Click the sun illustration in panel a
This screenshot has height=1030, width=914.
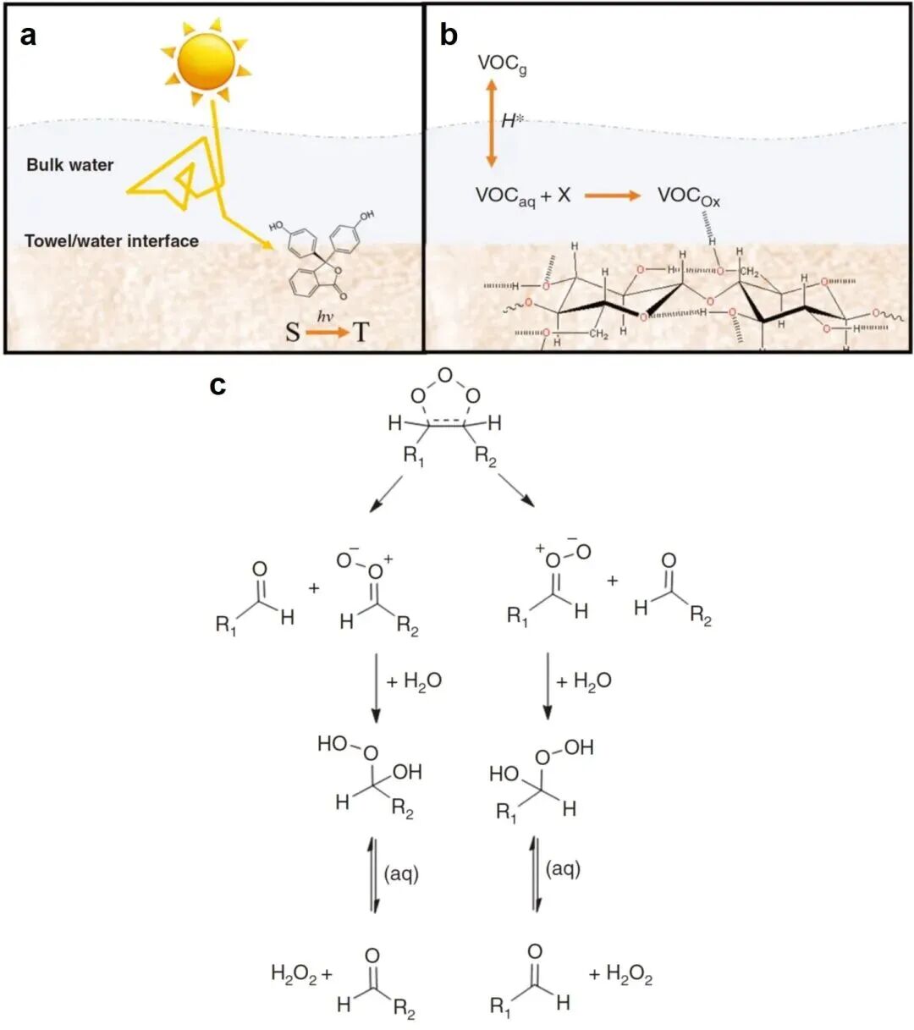[x=205, y=62]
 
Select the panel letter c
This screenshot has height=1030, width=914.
[x=218, y=385]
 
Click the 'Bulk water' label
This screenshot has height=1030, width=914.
[x=69, y=165]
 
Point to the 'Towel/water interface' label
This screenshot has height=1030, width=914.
[x=112, y=241]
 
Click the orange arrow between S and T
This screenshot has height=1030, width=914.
[x=327, y=332]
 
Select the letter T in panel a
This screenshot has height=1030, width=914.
[x=361, y=332]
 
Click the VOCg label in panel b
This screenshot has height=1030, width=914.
[x=502, y=63]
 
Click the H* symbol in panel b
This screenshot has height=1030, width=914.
[x=512, y=121]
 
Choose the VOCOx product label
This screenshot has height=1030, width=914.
[x=688, y=196]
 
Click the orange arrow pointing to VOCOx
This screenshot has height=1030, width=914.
[x=614, y=196]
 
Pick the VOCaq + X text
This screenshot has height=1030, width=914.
[x=523, y=196]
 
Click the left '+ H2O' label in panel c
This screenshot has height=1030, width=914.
[x=414, y=681]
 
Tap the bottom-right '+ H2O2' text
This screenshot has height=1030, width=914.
[x=620, y=975]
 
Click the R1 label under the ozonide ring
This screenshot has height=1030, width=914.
[x=414, y=457]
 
